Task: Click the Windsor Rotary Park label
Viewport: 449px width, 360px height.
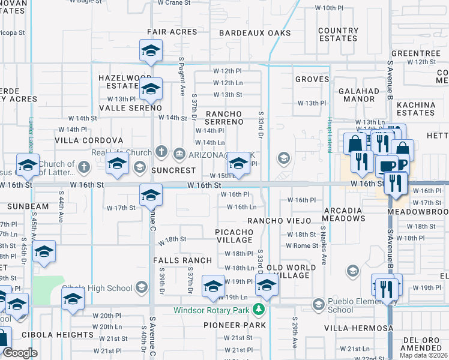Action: [x=212, y=310]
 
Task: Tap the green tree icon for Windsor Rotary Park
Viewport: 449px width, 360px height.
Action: [x=259, y=310]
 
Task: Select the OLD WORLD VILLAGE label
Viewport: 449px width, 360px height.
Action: [x=291, y=271]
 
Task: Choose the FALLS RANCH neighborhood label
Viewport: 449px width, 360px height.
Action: [x=182, y=260]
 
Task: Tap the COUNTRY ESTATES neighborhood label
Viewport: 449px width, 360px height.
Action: [x=339, y=34]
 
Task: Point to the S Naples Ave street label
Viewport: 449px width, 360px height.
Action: [x=323, y=246]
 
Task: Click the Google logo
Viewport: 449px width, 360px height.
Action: [x=20, y=353]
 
